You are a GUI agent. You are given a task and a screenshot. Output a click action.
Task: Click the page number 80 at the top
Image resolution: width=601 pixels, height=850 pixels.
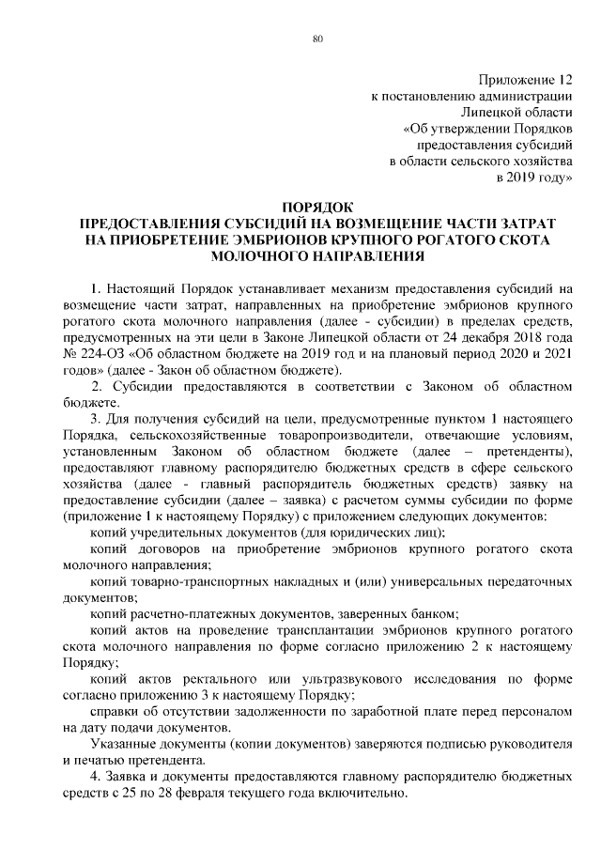[316, 39]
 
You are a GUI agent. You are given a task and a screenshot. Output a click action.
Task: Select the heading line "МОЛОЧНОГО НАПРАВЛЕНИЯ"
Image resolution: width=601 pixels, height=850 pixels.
[316, 255]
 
